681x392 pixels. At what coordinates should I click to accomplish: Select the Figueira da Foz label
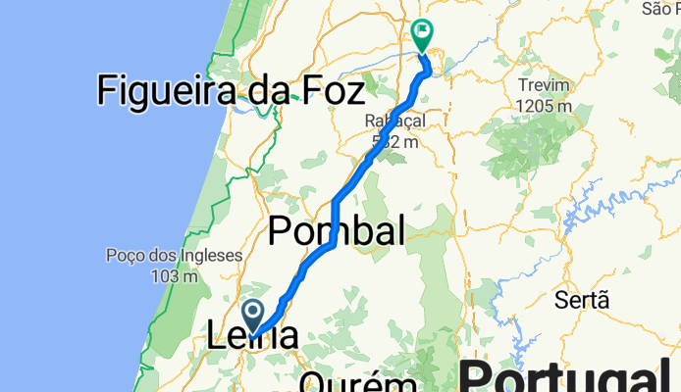click(231, 91)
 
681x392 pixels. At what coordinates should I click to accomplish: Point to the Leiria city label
click(253, 336)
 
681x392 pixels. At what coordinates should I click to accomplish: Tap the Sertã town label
click(582, 300)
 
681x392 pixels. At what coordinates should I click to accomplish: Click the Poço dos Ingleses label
click(174, 257)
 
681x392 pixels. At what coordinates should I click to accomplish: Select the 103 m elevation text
click(174, 276)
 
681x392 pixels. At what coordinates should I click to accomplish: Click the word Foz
click(330, 91)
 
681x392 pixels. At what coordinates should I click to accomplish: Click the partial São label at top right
click(659, 9)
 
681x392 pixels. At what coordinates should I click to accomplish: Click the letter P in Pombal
click(280, 233)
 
